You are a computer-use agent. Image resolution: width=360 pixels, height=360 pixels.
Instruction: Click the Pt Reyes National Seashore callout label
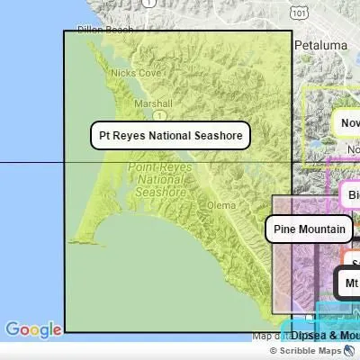[170, 136]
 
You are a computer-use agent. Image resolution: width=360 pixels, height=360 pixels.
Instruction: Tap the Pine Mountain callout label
[310, 229]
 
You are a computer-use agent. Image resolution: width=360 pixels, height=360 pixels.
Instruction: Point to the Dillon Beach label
[105, 30]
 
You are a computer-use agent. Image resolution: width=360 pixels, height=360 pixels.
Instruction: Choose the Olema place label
[220, 205]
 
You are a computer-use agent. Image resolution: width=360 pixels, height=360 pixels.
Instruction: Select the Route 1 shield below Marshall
[157, 115]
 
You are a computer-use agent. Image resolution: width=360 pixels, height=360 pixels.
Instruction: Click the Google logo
[32, 330]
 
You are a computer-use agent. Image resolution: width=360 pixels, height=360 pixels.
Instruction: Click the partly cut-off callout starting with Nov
[347, 122]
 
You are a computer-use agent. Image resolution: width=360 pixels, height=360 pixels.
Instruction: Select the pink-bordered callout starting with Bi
[351, 195]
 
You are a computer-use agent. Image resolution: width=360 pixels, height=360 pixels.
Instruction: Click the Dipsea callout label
[324, 335]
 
